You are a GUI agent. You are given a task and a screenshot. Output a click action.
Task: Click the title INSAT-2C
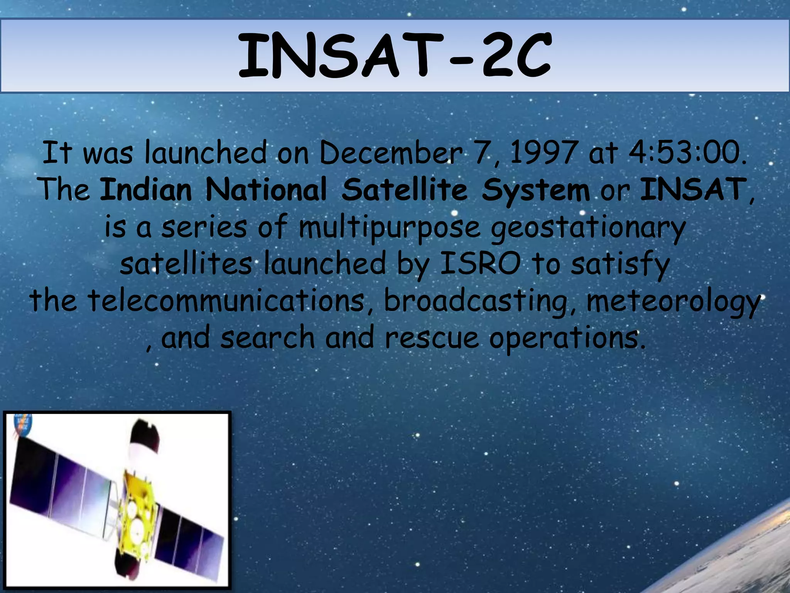(x=394, y=55)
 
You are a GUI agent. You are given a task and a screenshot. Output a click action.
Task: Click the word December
(x=390, y=153)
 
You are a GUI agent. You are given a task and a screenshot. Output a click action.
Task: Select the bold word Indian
(x=146, y=190)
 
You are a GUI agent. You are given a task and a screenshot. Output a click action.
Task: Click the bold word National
(x=266, y=190)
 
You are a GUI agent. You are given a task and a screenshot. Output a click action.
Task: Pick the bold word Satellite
(x=404, y=190)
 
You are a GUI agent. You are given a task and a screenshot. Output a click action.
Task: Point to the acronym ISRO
(x=480, y=264)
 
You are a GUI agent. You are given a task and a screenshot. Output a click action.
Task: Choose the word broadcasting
(x=476, y=301)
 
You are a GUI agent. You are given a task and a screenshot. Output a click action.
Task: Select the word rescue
(x=432, y=337)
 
